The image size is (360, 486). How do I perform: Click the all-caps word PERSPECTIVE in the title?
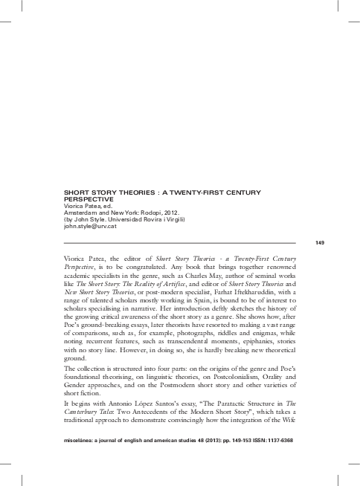point(90,200)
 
